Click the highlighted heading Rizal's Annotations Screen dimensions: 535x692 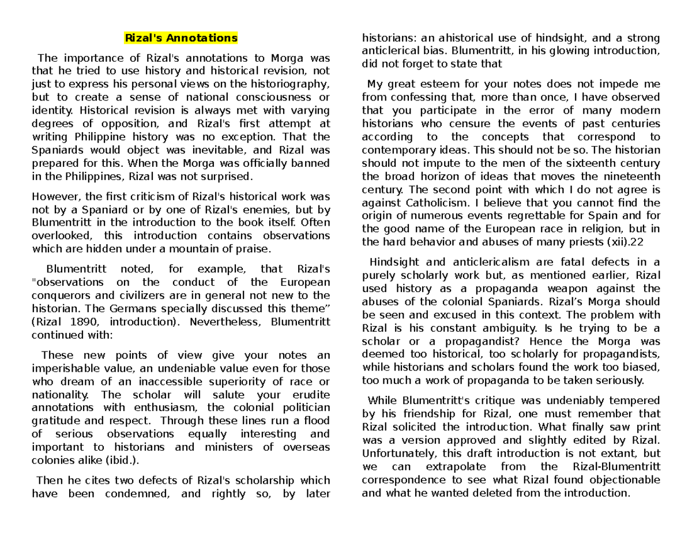click(181, 39)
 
